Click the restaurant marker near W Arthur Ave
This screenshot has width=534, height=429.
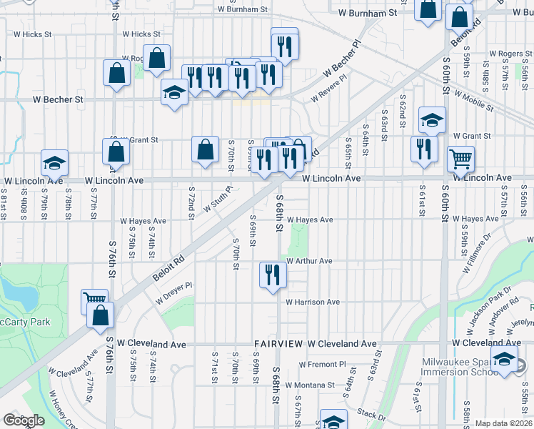tap(273, 275)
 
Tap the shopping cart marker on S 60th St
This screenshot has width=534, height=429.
tap(461, 158)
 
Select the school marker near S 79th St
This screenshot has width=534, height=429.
tap(54, 164)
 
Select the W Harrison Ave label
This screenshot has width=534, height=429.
tap(313, 302)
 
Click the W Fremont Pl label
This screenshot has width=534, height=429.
tap(322, 364)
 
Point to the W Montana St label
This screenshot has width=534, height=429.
tap(310, 385)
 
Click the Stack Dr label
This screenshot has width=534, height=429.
tap(371, 414)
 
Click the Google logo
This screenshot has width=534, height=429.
tap(23, 420)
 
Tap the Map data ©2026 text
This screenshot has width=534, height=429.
tap(503, 423)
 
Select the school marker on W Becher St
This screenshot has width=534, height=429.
tap(174, 93)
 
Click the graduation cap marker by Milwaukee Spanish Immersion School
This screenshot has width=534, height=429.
tap(504, 360)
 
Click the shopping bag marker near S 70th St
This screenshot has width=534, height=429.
tap(205, 150)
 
